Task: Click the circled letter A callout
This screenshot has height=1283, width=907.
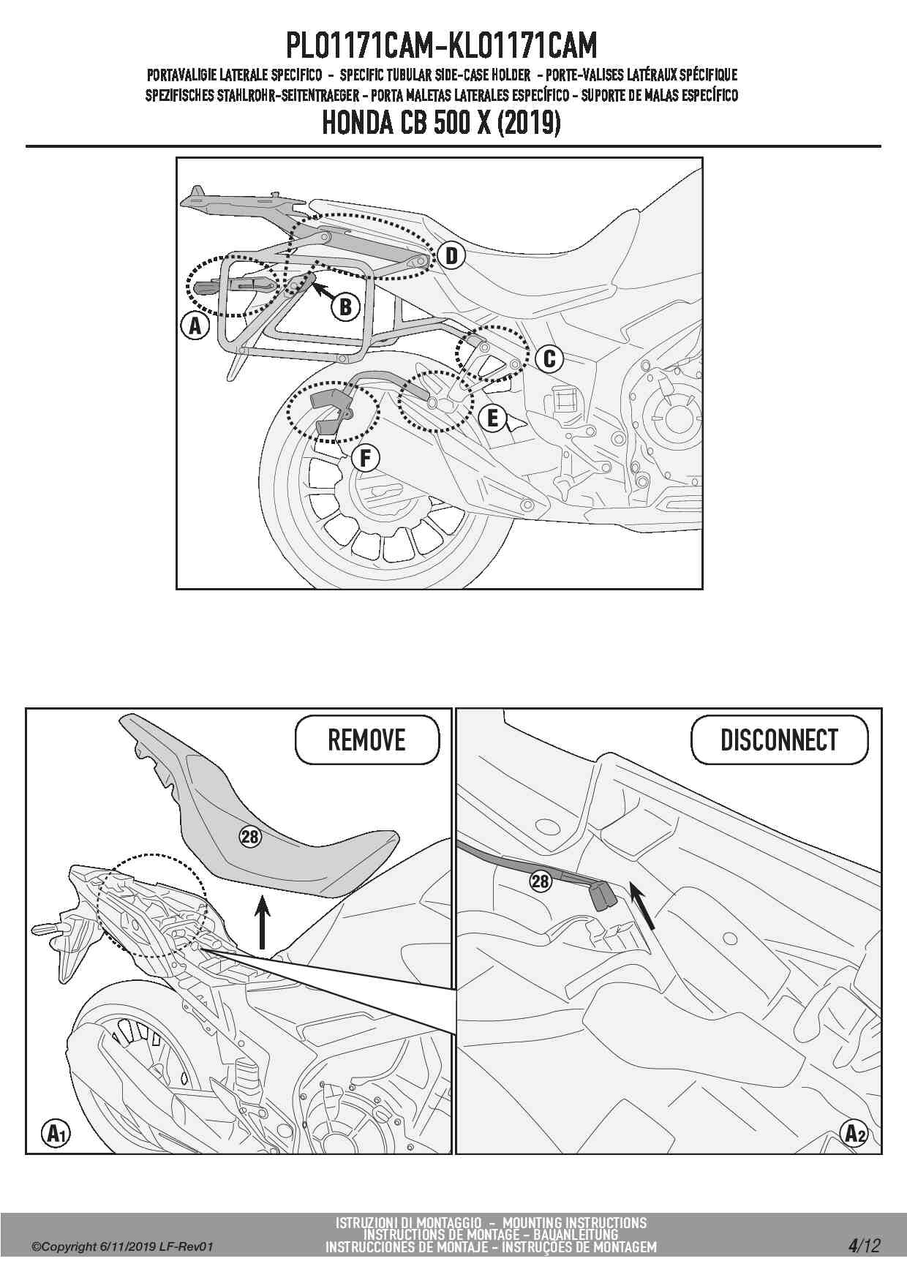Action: [x=195, y=326]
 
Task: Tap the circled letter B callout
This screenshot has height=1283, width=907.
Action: [x=345, y=306]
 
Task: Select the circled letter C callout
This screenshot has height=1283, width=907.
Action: [x=549, y=358]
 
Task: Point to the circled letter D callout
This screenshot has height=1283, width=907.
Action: [x=451, y=255]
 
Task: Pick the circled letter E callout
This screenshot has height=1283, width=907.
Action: [x=492, y=418]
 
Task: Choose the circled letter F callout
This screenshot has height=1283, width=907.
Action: [x=365, y=459]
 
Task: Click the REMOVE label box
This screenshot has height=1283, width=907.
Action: [x=367, y=740]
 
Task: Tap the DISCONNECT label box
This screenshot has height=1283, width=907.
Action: [x=780, y=740]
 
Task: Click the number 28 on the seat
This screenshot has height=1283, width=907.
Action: [x=250, y=836]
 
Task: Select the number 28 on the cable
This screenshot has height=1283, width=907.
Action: [x=540, y=881]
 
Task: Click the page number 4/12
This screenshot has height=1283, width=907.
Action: [x=864, y=1246]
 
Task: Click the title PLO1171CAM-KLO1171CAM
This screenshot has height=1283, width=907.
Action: [x=441, y=46]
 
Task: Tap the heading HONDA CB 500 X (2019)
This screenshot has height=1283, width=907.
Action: [x=441, y=123]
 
